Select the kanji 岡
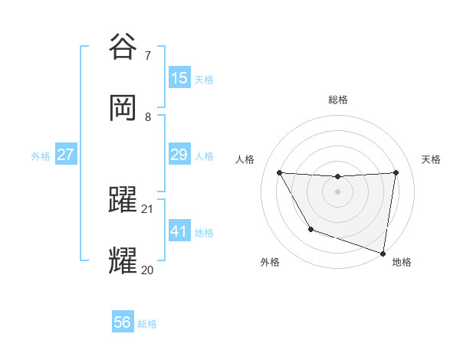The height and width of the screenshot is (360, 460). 124,109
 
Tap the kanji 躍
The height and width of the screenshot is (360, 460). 124,201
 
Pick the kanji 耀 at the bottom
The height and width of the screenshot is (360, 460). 124,261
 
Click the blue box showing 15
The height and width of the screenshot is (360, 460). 179,78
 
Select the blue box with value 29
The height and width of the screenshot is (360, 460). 179,155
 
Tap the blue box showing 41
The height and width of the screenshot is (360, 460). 179,231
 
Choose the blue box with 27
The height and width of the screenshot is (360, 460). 66,155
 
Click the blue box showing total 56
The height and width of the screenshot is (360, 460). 123,323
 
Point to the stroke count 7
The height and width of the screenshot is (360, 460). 148,55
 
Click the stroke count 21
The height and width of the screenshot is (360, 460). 148,208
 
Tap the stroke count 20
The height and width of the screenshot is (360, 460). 148,270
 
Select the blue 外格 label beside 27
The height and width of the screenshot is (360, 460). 41,156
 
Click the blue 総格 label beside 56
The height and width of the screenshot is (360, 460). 147,324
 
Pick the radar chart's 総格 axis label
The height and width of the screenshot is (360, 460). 338,100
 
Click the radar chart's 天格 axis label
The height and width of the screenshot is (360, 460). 431,159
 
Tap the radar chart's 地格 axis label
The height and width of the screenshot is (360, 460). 402,262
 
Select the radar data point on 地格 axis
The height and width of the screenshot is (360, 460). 383,253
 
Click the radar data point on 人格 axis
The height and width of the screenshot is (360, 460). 280,172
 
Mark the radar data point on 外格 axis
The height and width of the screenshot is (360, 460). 310,229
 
